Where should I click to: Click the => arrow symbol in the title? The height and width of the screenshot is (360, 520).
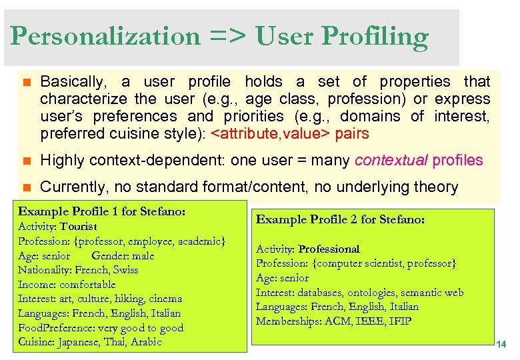coord(227,37)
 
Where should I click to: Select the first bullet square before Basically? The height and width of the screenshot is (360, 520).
coord(26,82)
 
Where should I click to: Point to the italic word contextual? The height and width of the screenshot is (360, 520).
coord(392,160)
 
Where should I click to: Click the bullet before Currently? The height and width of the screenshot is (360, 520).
coord(26,187)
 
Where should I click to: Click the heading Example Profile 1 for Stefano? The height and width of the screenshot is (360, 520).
coord(101,211)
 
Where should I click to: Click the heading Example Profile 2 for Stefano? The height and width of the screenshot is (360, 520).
coord(341,219)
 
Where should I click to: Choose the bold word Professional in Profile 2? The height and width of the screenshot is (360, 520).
coord(329,249)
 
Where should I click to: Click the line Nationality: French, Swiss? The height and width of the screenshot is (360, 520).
coord(78,270)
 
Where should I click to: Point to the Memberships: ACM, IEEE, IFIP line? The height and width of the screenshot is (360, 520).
coord(333,321)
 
